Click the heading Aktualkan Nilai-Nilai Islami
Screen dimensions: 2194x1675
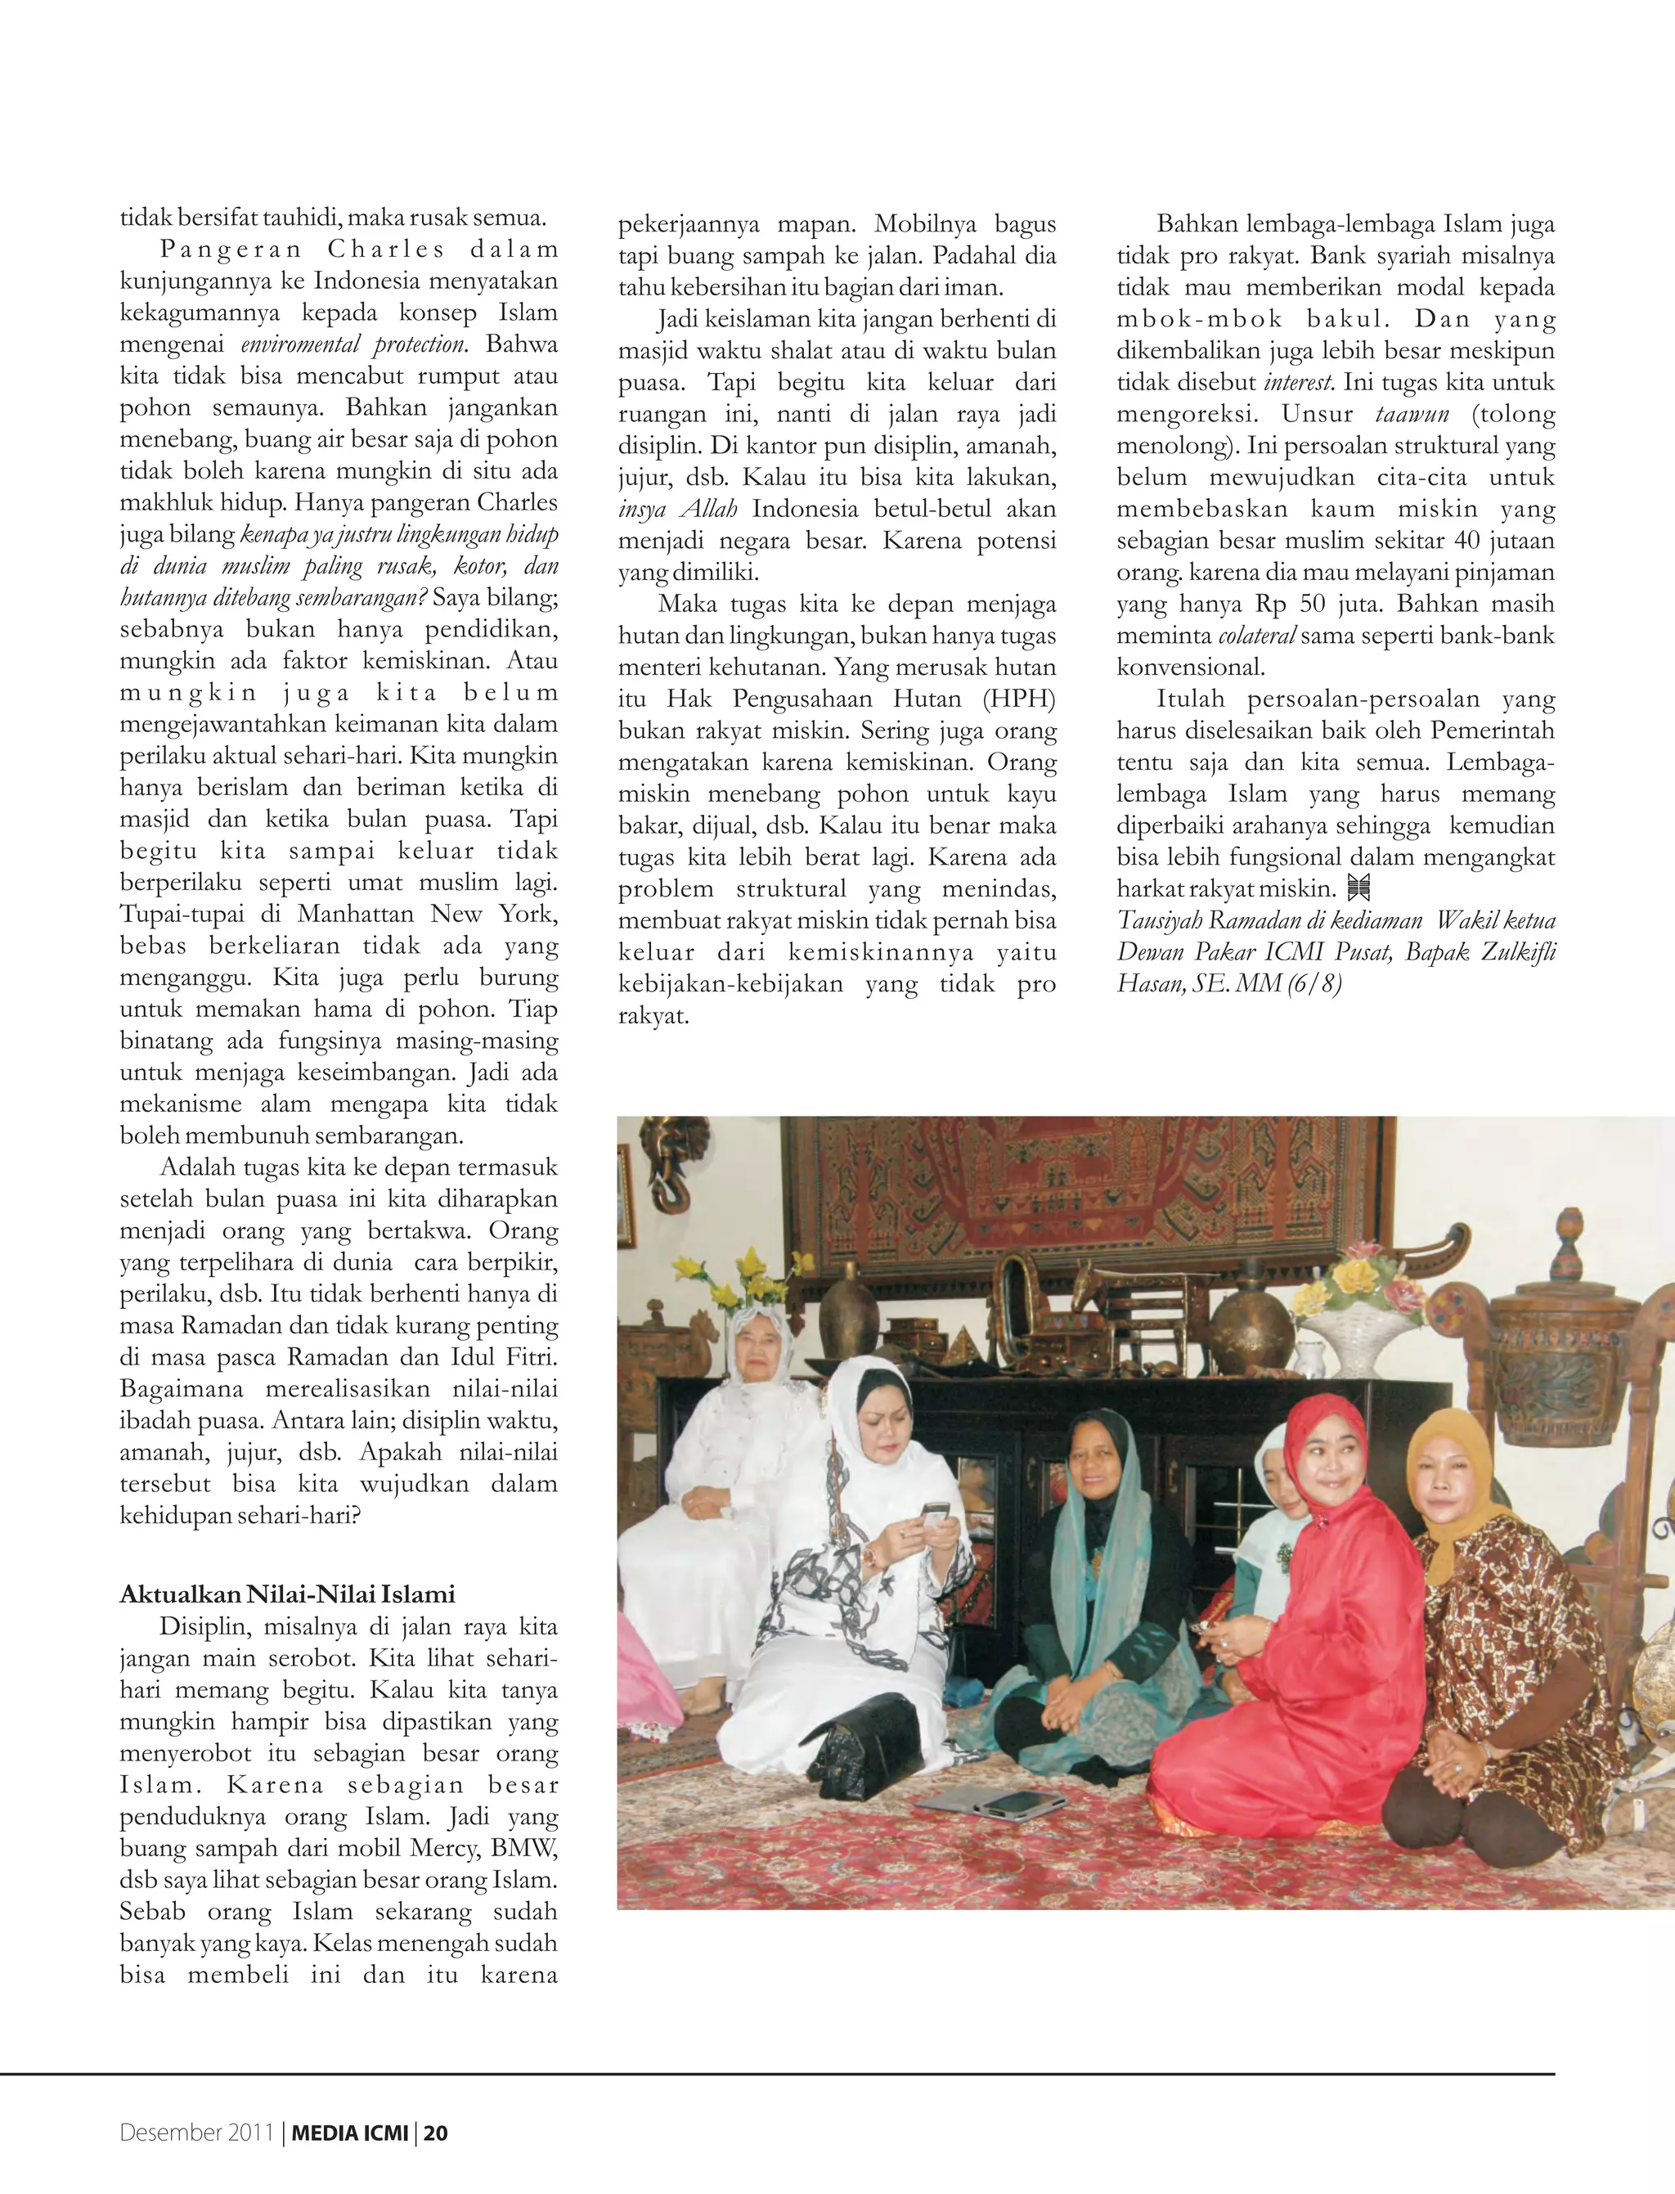coord(287,1594)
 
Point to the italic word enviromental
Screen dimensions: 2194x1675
coord(300,345)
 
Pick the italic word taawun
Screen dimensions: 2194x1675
coord(1412,414)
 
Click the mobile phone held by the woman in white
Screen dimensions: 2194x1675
coord(934,1517)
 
